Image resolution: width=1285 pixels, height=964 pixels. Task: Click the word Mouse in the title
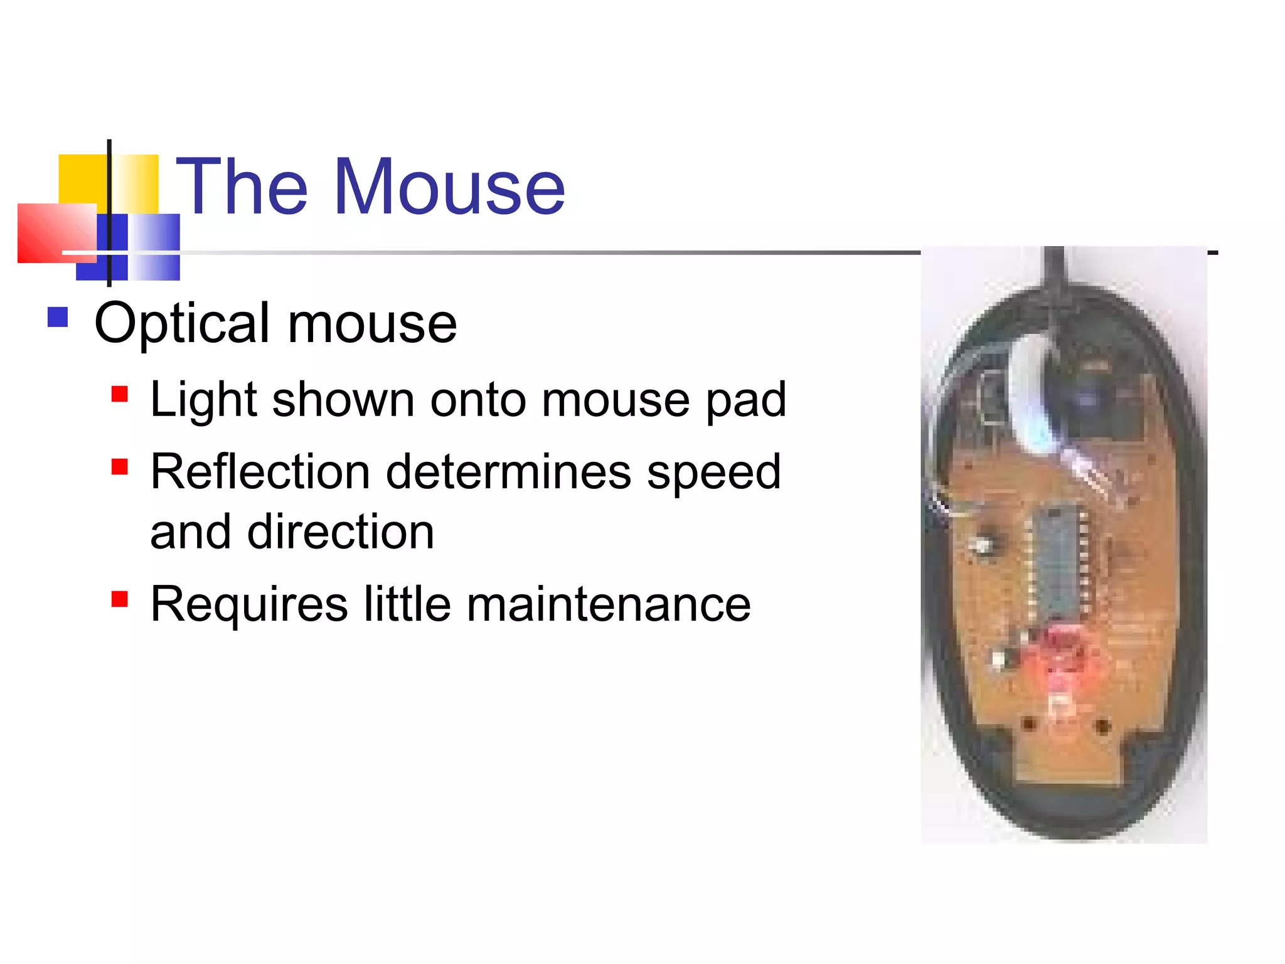(x=449, y=187)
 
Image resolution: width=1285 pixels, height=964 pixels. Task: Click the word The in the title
(x=242, y=187)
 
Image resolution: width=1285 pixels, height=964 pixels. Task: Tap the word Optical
(x=183, y=324)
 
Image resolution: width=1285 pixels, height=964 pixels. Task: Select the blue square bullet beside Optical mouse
(x=58, y=317)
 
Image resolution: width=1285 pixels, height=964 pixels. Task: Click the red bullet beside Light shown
(x=119, y=394)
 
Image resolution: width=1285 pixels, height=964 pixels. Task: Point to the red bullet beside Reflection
(x=119, y=467)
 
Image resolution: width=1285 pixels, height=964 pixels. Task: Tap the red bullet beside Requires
(x=119, y=599)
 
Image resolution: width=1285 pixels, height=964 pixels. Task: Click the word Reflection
(x=260, y=472)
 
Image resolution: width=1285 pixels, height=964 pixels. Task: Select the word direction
(x=341, y=532)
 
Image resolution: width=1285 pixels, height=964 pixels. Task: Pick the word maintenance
(x=609, y=604)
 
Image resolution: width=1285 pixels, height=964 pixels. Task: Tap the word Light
(x=203, y=400)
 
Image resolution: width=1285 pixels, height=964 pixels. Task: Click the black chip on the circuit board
(x=1058, y=562)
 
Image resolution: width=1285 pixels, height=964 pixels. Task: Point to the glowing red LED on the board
(x=1060, y=653)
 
